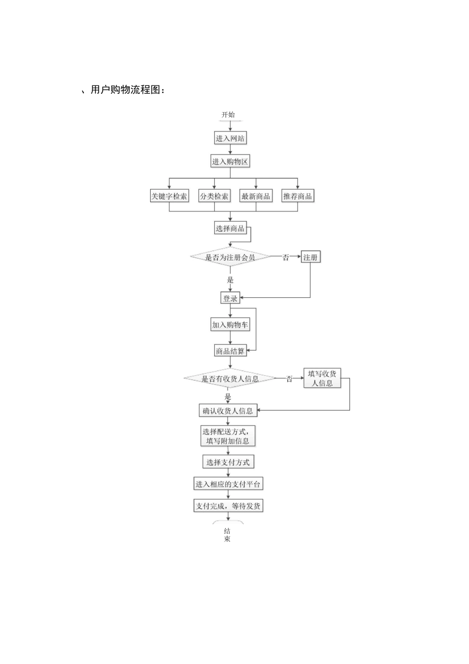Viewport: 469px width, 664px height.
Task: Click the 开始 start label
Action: click(228, 115)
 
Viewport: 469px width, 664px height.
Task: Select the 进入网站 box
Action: click(230, 138)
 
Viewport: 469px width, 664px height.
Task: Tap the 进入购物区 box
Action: click(230, 162)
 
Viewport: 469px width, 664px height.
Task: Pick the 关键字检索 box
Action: click(169, 196)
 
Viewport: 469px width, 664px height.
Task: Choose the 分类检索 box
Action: click(214, 196)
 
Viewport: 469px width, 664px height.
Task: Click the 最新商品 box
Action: click(256, 196)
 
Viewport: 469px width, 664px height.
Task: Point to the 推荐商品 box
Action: click(298, 196)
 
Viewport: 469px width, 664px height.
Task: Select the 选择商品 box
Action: click(230, 228)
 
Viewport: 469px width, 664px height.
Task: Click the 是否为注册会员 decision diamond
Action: click(230, 257)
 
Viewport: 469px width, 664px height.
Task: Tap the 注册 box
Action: click(311, 257)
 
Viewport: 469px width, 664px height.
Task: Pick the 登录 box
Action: click(230, 298)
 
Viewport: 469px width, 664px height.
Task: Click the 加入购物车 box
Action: click(230, 325)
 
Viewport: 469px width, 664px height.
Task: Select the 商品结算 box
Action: click(230, 351)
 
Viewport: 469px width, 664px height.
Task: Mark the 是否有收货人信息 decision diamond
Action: click(230, 379)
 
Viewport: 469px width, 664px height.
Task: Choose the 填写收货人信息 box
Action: click(322, 378)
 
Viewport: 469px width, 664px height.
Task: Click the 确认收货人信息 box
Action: click(228, 411)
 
